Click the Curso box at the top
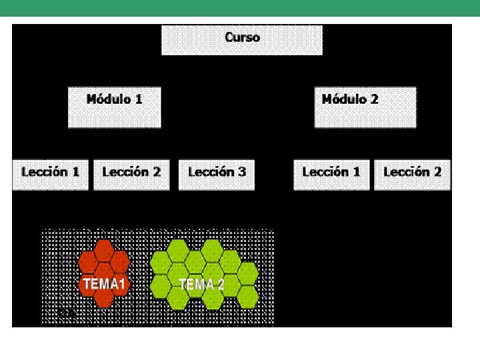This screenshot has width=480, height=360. tap(242, 40)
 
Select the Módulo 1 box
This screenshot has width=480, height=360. tap(114, 107)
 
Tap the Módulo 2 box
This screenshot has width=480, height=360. tap(365, 107)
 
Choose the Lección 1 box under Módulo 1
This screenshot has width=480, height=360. tap(50, 175)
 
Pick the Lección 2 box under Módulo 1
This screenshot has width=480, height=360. tap(131, 175)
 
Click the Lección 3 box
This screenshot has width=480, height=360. tap(217, 175)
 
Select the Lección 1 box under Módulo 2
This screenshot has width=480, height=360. tap(331, 175)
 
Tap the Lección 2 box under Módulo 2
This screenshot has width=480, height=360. tap(412, 175)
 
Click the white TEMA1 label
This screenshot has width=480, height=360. tap(104, 285)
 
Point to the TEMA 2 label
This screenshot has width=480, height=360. tap(201, 285)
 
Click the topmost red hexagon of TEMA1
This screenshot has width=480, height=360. tap(103, 250)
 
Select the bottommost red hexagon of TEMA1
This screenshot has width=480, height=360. tap(103, 297)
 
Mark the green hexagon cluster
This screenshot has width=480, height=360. tap(204, 273)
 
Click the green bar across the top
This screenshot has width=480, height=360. tap(240, 8)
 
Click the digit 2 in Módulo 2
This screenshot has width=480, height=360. tap(374, 99)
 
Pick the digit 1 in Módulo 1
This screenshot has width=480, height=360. tap(139, 99)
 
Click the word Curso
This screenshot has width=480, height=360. tap(243, 37)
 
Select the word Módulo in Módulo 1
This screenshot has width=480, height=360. tap(109, 99)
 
